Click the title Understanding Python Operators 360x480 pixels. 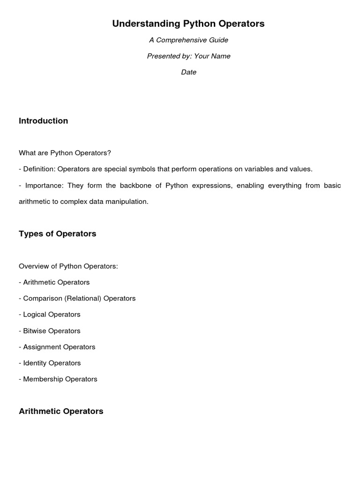pos(188,23)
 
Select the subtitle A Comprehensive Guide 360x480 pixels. pos(188,40)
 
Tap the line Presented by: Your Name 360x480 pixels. pos(188,56)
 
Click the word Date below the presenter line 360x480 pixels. pos(188,72)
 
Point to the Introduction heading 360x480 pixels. pos(43,121)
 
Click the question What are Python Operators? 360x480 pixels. pos(65,153)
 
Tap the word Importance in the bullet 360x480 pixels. pos(44,185)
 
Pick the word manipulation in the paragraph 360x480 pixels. pos(128,202)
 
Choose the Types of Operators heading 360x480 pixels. pos(57,234)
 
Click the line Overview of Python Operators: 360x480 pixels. pos(68,266)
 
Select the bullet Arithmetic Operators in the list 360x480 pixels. pos(56,282)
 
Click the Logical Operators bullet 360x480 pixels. pos(52,315)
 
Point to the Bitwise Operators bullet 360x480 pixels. pos(52,331)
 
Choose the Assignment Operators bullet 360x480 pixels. pos(59,347)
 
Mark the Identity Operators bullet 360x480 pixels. pos(52,363)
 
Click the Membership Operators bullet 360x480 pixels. pos(60,379)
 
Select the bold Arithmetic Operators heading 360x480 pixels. pos(61,412)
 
